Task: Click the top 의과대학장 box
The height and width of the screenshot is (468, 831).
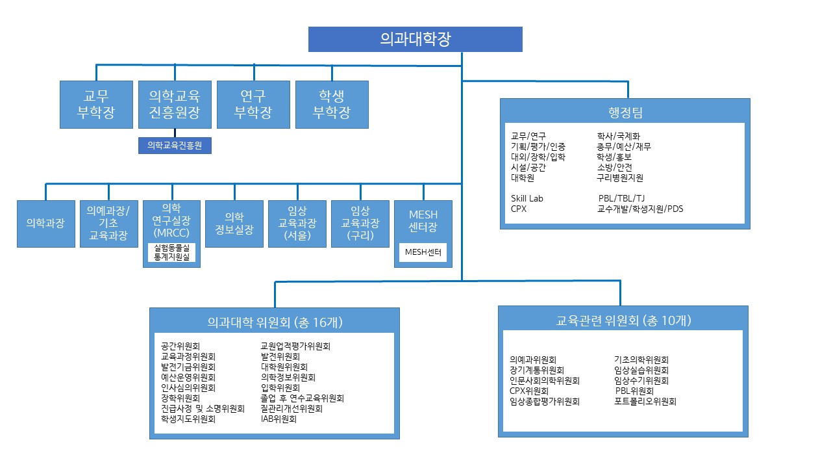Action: pos(415,39)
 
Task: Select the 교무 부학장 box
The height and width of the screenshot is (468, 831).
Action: pos(96,104)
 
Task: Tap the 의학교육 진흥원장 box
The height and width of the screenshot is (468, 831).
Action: pos(175,104)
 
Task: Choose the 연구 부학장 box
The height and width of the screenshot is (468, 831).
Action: pos(253,104)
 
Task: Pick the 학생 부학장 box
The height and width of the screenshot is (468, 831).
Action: pos(332,104)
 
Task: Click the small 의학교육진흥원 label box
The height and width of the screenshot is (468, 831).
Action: pos(175,146)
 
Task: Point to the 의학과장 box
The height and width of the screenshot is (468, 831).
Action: pos(45,223)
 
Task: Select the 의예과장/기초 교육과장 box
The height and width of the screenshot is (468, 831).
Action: pos(108,223)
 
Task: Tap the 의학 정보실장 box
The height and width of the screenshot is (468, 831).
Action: pos(234,223)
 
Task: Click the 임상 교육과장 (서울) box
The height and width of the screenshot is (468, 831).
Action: pos(297,223)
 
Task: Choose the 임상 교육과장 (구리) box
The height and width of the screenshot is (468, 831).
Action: pos(360,223)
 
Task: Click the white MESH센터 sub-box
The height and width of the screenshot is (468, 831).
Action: pos(423,252)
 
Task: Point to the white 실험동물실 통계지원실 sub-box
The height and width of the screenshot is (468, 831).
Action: pos(171,253)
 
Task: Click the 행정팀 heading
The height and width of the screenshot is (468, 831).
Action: pos(625,112)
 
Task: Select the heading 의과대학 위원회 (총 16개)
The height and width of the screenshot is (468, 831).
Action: pos(275,322)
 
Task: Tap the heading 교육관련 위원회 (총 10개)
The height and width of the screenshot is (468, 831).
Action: pos(623,320)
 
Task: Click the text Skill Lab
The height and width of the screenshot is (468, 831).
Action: pos(527,198)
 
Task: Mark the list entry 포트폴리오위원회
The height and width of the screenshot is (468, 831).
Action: pos(645,402)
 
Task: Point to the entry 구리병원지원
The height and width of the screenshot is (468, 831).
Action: pos(620,177)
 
